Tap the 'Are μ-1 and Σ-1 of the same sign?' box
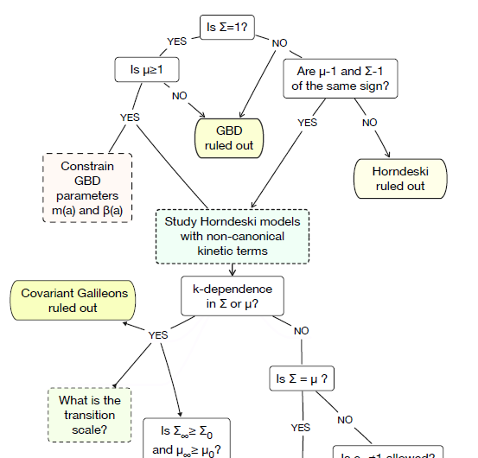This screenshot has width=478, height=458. (x=341, y=79)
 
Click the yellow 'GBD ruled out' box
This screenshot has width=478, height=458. (x=229, y=137)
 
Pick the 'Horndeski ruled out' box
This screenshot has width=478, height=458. (x=399, y=178)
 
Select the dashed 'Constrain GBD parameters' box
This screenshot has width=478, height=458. (x=86, y=188)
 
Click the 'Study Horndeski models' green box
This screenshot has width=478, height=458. (x=233, y=236)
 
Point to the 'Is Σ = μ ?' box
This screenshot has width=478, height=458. (x=305, y=378)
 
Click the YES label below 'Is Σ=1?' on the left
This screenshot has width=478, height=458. (x=176, y=41)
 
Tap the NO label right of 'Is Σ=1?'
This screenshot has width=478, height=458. (x=279, y=43)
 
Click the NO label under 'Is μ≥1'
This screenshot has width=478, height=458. (x=180, y=95)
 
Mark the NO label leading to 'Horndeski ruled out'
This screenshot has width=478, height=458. (x=369, y=122)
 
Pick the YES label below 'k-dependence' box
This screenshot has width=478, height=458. (x=157, y=334)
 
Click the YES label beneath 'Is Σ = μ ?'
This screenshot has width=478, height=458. (x=300, y=427)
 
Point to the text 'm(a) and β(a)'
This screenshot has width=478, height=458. (x=86, y=209)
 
